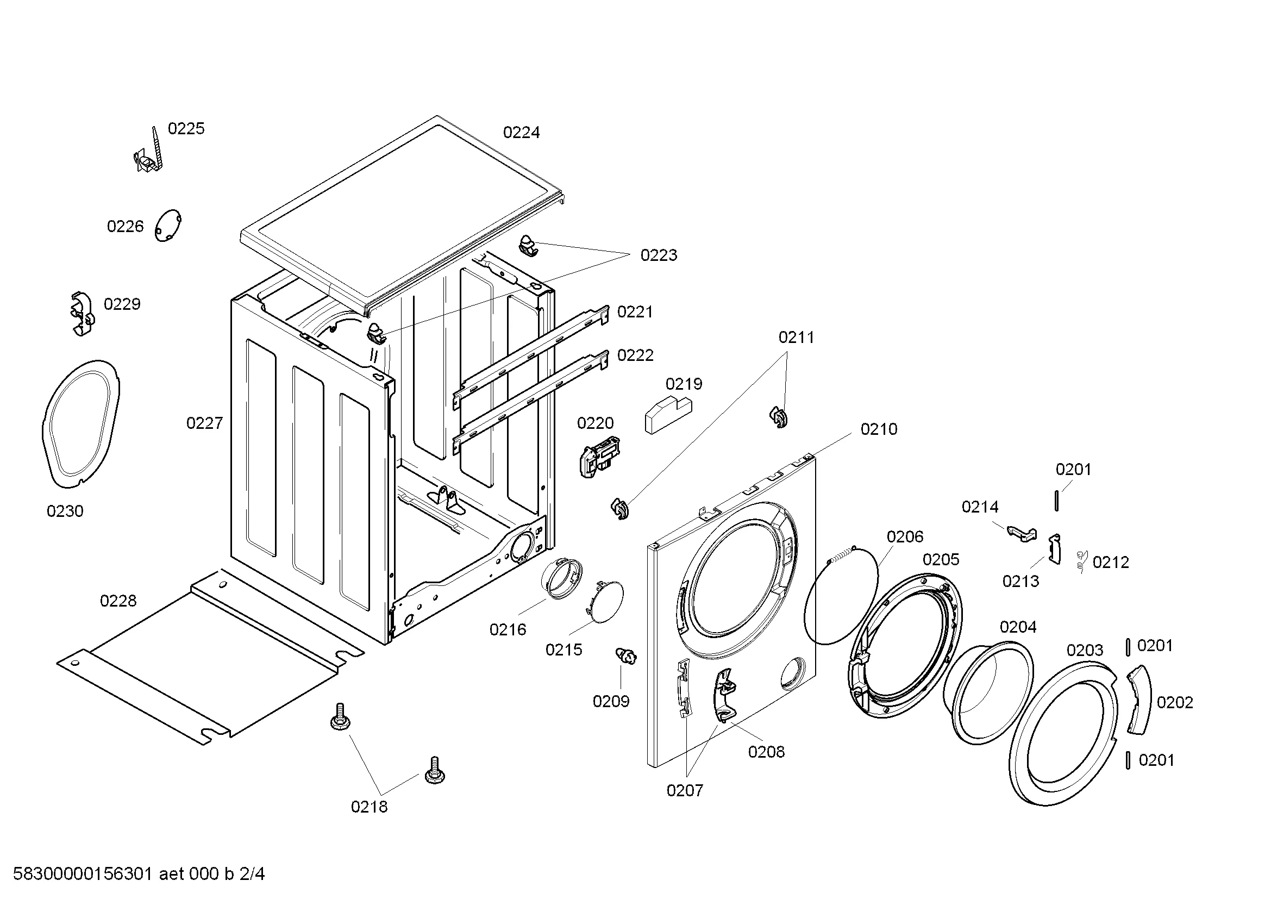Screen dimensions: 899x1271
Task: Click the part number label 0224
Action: point(521,133)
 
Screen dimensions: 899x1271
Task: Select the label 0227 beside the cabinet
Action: point(204,423)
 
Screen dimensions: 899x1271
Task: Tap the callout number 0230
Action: point(65,511)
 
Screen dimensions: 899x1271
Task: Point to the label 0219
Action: point(684,384)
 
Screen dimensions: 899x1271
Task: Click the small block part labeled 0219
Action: point(667,415)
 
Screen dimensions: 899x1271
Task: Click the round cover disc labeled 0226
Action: point(168,226)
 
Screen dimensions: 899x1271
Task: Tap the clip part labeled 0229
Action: point(82,314)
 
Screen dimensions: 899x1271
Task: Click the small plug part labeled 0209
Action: point(628,657)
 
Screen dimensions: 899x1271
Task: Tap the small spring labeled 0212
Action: point(1082,562)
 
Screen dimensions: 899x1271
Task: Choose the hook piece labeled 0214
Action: point(1022,533)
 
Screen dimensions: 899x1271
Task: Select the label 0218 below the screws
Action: point(369,807)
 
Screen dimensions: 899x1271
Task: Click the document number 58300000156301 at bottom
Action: point(83,874)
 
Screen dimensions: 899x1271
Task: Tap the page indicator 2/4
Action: point(252,874)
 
